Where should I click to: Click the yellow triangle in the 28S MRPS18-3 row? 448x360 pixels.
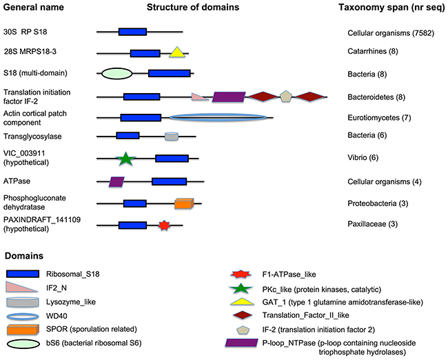point(177,51)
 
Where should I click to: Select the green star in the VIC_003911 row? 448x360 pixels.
point(124,159)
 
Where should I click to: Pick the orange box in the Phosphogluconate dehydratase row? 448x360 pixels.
point(183,203)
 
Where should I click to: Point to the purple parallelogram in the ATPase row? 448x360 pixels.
point(116,181)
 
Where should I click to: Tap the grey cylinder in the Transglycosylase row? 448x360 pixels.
point(171,137)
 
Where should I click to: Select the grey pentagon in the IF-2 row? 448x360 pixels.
point(286,96)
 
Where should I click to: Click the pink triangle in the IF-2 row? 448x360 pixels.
point(201,97)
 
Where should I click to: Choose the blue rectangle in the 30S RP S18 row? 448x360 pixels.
point(132,32)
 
